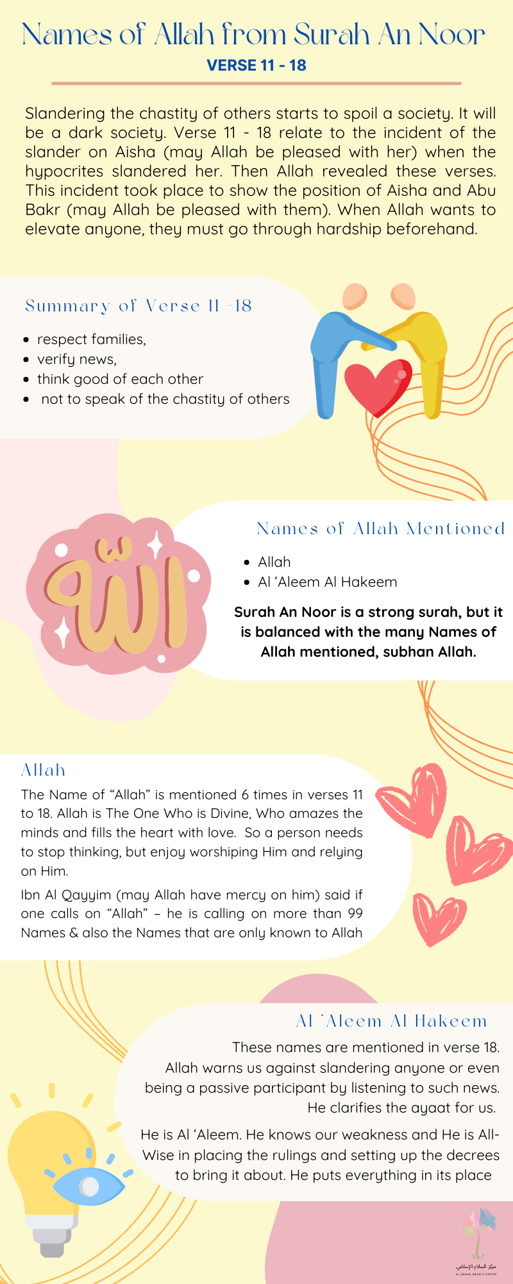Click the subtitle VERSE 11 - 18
(256, 65)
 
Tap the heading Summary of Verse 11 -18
(139, 306)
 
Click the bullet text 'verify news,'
(77, 359)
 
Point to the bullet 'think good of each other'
(120, 379)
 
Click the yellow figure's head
(403, 296)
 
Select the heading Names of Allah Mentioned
(381, 528)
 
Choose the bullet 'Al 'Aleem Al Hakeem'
(327, 582)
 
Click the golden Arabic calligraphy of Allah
(115, 594)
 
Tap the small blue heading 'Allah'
(43, 770)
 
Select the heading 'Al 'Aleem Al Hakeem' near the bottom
(391, 1021)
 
